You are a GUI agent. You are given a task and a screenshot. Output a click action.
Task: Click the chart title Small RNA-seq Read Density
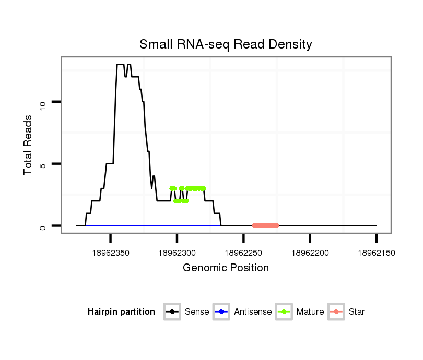[226, 44]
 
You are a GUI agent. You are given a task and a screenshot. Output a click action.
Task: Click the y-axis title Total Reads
[29, 145]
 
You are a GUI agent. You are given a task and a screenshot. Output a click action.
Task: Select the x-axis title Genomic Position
[226, 268]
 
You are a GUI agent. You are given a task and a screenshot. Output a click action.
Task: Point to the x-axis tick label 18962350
[111, 253]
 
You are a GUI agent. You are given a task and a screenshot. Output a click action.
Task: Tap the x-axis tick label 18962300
[177, 253]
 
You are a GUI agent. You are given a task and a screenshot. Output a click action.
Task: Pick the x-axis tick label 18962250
[243, 253]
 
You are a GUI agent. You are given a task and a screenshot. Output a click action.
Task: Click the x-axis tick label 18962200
[310, 253]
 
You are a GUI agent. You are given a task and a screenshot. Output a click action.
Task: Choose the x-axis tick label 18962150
[377, 253]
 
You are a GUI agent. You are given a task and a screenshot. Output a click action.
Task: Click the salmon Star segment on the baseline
[265, 226]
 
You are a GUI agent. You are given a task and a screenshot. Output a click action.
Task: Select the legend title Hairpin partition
[121, 312]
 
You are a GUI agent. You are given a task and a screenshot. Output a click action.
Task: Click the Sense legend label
[197, 312]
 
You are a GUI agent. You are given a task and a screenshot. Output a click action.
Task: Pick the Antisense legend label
[253, 312]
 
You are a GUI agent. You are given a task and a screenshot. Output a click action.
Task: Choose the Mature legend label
[310, 312]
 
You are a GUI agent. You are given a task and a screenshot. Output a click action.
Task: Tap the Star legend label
[357, 312]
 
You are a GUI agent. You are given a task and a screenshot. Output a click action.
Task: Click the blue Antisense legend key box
[221, 312]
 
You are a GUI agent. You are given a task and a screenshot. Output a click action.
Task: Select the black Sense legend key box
[172, 312]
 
